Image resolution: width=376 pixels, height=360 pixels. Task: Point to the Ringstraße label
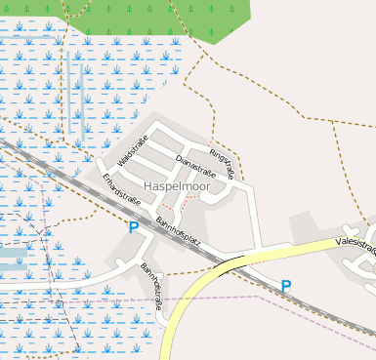222,165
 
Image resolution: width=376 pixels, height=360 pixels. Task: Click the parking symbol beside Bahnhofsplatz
133,227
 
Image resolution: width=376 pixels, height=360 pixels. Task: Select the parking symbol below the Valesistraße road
286,286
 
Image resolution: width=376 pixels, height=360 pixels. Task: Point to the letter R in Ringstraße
212,152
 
